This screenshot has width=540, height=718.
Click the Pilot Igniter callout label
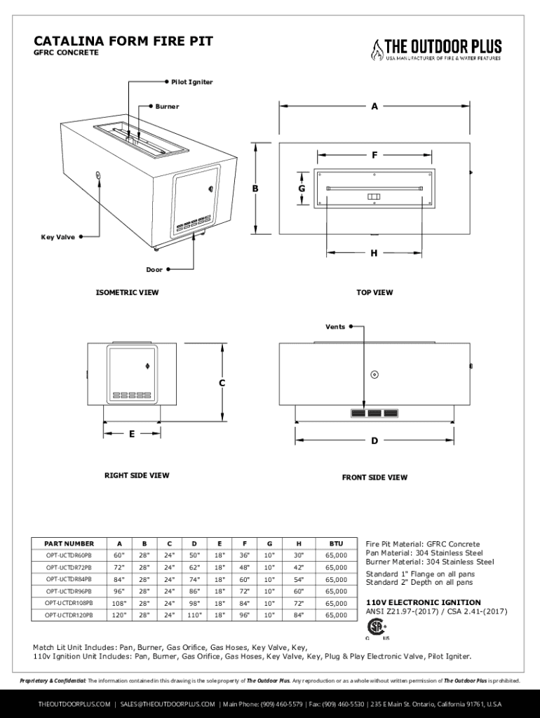[191, 83]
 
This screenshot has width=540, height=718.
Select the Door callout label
[154, 270]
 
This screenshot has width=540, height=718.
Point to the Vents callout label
[335, 327]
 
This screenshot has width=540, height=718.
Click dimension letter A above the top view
[374, 107]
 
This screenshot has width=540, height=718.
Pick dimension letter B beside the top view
[256, 189]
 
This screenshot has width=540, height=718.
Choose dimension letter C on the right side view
[222, 384]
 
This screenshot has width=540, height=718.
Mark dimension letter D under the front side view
[374, 441]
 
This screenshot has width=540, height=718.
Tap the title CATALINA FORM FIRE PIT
[123, 41]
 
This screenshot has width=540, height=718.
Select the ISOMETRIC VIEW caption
[127, 292]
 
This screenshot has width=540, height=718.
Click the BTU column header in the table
[336, 543]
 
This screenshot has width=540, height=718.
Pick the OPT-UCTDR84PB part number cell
[69, 579]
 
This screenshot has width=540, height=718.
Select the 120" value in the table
[119, 615]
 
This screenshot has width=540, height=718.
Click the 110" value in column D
[194, 615]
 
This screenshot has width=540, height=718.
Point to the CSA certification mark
[377, 627]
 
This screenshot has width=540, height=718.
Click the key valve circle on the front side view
[374, 375]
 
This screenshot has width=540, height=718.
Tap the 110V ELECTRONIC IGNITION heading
[424, 602]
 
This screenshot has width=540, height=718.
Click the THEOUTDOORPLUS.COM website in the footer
[74, 703]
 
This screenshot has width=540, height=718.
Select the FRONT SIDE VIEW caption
[374, 477]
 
